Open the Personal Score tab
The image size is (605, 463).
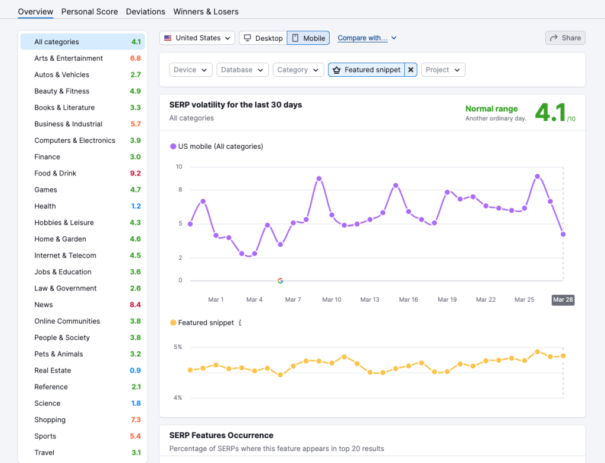click(x=89, y=11)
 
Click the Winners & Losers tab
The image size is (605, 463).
click(x=206, y=11)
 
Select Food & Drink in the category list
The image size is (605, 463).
click(x=55, y=173)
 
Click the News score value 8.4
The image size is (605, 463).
click(x=135, y=305)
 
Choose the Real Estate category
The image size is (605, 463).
click(x=53, y=370)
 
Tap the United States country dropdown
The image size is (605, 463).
click(x=197, y=38)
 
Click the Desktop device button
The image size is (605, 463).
click(x=263, y=38)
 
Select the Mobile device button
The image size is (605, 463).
click(x=308, y=38)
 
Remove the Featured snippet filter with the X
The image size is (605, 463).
click(x=411, y=70)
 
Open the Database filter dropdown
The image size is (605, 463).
click(x=242, y=70)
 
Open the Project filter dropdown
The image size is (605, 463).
click(x=443, y=70)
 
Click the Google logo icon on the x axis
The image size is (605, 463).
click(x=280, y=281)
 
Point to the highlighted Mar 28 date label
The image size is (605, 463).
click(x=562, y=299)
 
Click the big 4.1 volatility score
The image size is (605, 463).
click(x=550, y=112)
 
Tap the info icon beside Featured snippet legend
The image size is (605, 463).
click(x=240, y=323)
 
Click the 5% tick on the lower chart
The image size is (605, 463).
click(x=178, y=347)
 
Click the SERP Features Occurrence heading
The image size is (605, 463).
click(x=221, y=435)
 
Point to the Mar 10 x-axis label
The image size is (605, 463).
click(x=331, y=299)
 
